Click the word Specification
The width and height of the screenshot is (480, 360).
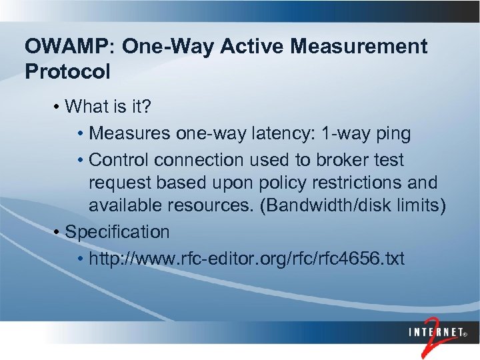click(x=117, y=232)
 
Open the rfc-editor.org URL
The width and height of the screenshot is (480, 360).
click(x=246, y=258)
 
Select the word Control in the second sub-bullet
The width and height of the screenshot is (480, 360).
click(x=117, y=160)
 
